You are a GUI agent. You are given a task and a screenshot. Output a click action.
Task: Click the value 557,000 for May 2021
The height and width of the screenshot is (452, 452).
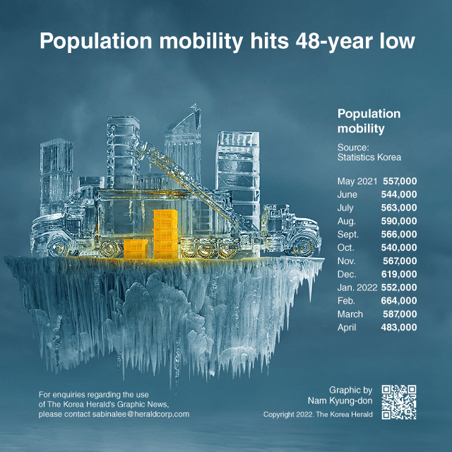pos(400,182)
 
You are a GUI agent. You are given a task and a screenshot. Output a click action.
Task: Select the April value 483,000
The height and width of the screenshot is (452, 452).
pos(398,328)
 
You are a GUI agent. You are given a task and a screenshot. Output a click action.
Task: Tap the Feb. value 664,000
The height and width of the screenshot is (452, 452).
pos(398,301)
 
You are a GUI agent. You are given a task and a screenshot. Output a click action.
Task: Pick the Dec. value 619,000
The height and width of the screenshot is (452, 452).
pos(399,274)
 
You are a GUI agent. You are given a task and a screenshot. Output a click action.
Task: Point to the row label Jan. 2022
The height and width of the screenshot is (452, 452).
pos(357,287)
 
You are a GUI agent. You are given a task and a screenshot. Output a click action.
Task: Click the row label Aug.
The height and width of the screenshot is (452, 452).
pos(347,221)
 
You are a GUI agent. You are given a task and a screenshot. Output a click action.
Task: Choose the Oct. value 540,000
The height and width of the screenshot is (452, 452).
pos(398,248)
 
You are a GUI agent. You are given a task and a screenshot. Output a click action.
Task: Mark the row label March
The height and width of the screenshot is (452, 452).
pos(350,314)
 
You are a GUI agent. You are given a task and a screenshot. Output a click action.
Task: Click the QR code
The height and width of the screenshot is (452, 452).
pos(399,402)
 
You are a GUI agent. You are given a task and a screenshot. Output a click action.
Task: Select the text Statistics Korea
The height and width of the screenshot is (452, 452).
pos(369,157)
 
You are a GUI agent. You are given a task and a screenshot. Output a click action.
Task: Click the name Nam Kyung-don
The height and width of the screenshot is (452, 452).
pos(340,400)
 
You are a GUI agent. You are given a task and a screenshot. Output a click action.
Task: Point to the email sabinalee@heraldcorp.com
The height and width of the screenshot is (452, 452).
pos(141,415)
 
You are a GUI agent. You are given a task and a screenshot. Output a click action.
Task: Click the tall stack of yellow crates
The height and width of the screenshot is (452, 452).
pos(165,234)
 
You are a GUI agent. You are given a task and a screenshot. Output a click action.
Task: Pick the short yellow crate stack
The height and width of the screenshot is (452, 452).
pos(136,249)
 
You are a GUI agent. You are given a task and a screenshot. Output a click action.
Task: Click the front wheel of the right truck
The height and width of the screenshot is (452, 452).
pos(303,246)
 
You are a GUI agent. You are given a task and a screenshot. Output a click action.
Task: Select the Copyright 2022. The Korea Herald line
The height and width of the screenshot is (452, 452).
pos(318,415)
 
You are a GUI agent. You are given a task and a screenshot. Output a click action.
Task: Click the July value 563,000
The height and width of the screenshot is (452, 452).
pos(398,208)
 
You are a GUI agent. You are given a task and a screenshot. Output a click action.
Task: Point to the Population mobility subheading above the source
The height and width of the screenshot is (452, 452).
pos(369,121)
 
